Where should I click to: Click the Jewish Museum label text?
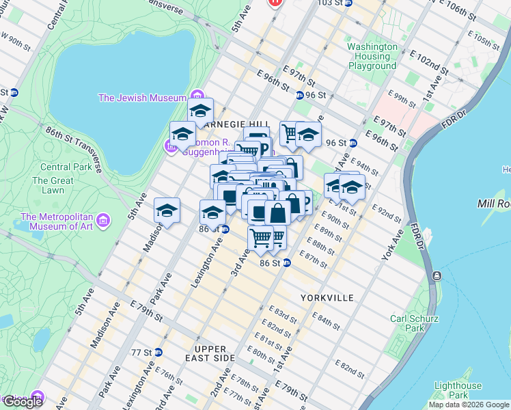pyautogui.click(x=142, y=98)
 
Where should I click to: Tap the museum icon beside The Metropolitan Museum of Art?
pyautogui.click(x=102, y=221)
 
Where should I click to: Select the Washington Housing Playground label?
pyautogui.click(x=372, y=56)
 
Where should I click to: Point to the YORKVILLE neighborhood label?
pyautogui.click(x=327, y=299)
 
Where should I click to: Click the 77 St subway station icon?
pyautogui.click(x=158, y=353)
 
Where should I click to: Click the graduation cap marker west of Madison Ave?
pyautogui.click(x=167, y=211)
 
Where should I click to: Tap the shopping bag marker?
pyautogui.click(x=277, y=213)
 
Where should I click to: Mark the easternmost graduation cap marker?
pyautogui.click(x=352, y=187)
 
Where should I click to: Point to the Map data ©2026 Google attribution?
pyautogui.click(x=468, y=405)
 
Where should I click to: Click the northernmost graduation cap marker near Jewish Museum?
pyautogui.click(x=200, y=111)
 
